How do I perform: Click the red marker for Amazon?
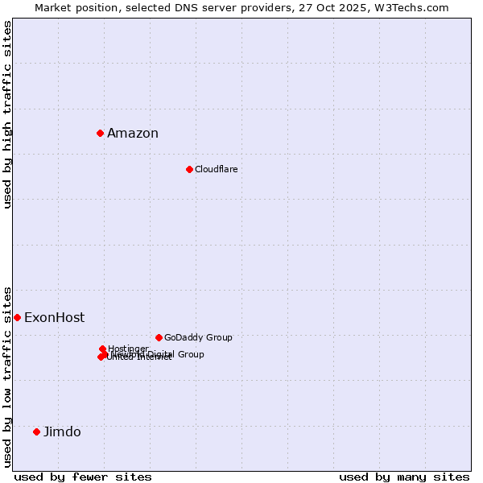point(100,133)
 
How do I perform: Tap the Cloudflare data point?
point(189,169)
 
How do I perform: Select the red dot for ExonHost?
point(17,317)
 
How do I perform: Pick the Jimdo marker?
point(36,431)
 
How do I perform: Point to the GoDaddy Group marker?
point(159,337)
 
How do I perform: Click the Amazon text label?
point(133,134)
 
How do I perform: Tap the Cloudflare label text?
point(216,169)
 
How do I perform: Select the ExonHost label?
point(54,318)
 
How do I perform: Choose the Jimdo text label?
point(62,432)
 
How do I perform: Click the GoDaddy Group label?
point(198,337)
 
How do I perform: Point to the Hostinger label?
point(128,349)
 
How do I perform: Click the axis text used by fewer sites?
point(83,477)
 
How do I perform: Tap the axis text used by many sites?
point(404,477)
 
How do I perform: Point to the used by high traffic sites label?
point(7,114)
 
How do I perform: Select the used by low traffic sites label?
point(7,376)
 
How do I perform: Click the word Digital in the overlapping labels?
point(160,354)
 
